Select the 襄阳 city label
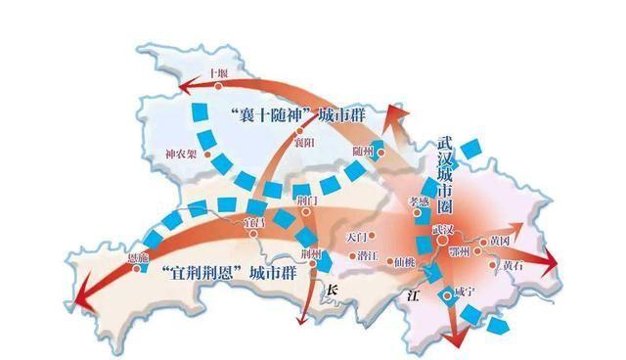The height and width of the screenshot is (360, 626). point(305,142)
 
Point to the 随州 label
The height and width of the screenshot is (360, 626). point(363,151)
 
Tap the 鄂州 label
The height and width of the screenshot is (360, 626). point(486,251)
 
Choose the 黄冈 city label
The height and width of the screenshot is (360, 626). point(501,239)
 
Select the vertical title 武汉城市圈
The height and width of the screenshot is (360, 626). point(448,170)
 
